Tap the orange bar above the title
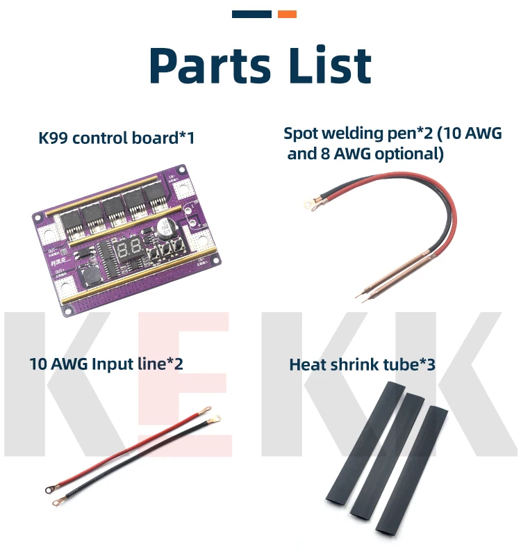pos(287,14)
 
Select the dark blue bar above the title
pos(251,14)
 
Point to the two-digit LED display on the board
pos(130,251)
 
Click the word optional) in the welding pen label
pos(408,154)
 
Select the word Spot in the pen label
pos(301,133)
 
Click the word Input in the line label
pos(113,363)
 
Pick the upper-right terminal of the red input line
pos(215,418)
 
